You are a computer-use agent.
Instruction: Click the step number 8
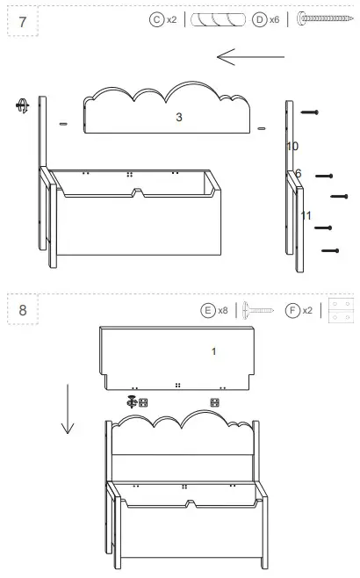tap(22, 310)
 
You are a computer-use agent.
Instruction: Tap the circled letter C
tap(157, 18)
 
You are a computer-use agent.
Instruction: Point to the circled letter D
tap(260, 18)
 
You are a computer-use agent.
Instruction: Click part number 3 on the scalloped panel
tap(178, 117)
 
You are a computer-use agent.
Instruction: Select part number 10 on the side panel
tap(292, 145)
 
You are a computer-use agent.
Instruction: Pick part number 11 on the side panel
tap(306, 215)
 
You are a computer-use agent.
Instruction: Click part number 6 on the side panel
tap(298, 174)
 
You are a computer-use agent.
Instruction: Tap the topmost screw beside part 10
tap(309, 112)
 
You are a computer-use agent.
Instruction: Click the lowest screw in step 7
tap(330, 251)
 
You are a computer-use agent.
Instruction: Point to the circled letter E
tap(208, 310)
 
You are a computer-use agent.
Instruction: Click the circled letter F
tap(292, 310)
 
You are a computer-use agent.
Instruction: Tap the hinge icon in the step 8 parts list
tap(341, 310)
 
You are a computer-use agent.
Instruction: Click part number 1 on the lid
tap(213, 351)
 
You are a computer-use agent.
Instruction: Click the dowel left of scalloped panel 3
tap(62, 125)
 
